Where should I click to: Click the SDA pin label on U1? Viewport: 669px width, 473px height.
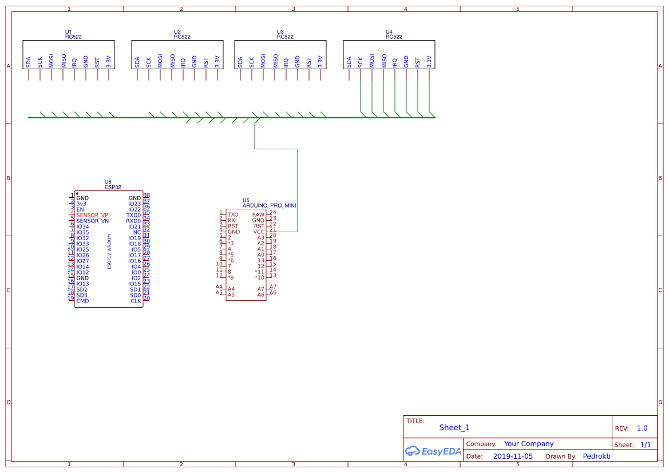pyautogui.click(x=28, y=62)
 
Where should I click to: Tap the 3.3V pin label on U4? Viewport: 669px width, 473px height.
pyautogui.click(x=429, y=61)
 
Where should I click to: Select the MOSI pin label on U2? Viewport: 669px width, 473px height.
pyautogui.click(x=160, y=61)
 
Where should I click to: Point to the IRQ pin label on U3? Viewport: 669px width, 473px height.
pyautogui.click(x=286, y=62)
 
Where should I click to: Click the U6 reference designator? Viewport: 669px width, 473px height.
pyautogui.click(x=108, y=181)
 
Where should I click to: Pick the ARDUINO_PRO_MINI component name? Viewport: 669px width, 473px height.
pyautogui.click(x=269, y=205)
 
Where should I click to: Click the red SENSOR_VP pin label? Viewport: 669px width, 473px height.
pyautogui.click(x=92, y=215)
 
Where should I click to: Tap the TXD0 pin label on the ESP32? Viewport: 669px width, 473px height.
pyautogui.click(x=133, y=215)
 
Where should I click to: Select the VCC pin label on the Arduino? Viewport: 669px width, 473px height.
pyautogui.click(x=259, y=232)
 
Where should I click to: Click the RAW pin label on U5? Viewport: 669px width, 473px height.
pyautogui.click(x=258, y=214)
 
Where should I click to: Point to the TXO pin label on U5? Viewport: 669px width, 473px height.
pyautogui.click(x=233, y=214)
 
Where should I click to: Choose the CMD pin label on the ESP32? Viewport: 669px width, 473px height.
pyautogui.click(x=82, y=301)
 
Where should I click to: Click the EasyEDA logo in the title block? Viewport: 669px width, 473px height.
pyautogui.click(x=433, y=451)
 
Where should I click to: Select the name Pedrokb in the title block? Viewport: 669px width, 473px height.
pyautogui.click(x=596, y=456)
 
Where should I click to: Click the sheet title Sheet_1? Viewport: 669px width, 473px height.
pyautogui.click(x=454, y=427)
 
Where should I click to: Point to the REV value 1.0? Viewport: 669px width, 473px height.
pyautogui.click(x=642, y=428)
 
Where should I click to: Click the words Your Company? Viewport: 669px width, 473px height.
pyautogui.click(x=529, y=444)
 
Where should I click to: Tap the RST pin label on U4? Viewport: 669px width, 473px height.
pyautogui.click(x=417, y=62)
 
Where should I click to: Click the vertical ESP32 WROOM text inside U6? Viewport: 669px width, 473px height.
pyautogui.click(x=109, y=252)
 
